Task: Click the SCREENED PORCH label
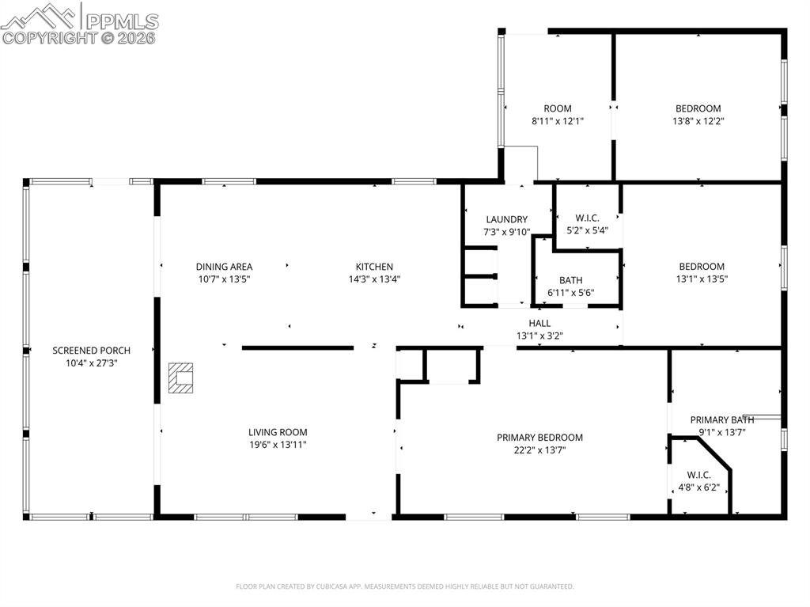point(91,351)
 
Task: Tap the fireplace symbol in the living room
point(182,377)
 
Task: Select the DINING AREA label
point(224,267)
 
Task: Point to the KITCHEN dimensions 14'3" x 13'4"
point(373,279)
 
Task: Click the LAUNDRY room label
point(506,219)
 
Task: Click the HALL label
point(539,323)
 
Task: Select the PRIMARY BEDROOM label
point(539,438)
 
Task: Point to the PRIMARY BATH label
point(721,420)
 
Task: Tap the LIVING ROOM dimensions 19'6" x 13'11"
point(277,445)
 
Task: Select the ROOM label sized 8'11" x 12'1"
point(557,108)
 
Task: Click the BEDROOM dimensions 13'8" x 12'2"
point(698,121)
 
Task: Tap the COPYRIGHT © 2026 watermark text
point(79,37)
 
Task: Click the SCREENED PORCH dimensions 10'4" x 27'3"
point(91,362)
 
